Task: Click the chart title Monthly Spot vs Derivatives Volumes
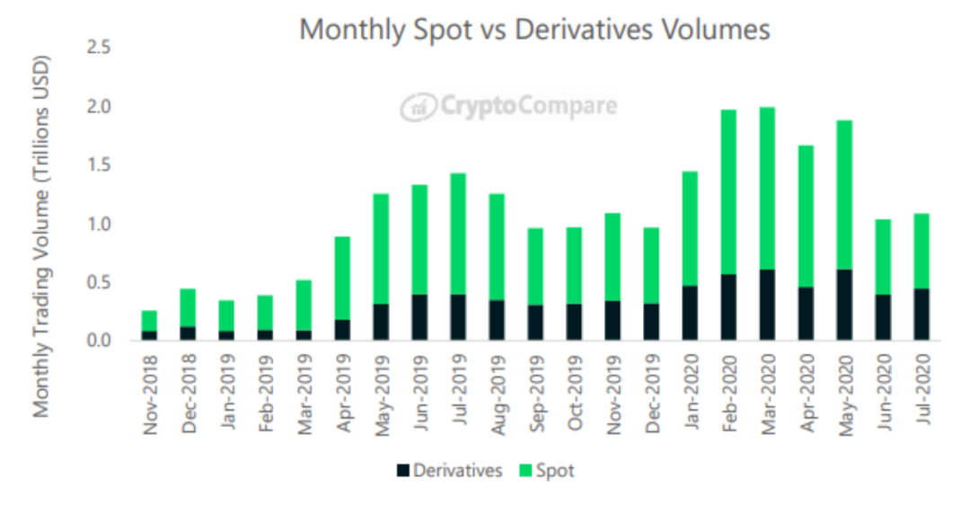pos(534,29)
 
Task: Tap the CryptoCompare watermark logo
pos(508,106)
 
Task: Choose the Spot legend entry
pos(547,471)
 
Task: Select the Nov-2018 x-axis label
pos(150,388)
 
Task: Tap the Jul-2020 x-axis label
pos(921,388)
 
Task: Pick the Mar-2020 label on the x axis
pos(767,388)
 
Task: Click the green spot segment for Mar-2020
pos(767,188)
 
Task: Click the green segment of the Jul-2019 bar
pos(458,234)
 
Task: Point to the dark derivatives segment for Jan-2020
pos(690,313)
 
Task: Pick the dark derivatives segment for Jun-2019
pos(419,317)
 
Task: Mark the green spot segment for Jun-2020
pos(883,256)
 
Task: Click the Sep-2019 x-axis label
pos(535,388)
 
